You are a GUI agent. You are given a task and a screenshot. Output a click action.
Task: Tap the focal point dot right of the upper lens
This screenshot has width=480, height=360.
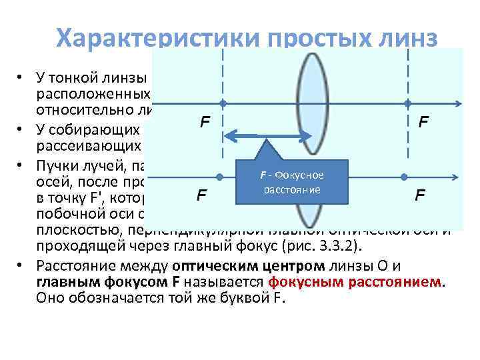click(406, 104)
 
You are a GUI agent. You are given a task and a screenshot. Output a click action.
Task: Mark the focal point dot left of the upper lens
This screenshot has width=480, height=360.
click(223, 104)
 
